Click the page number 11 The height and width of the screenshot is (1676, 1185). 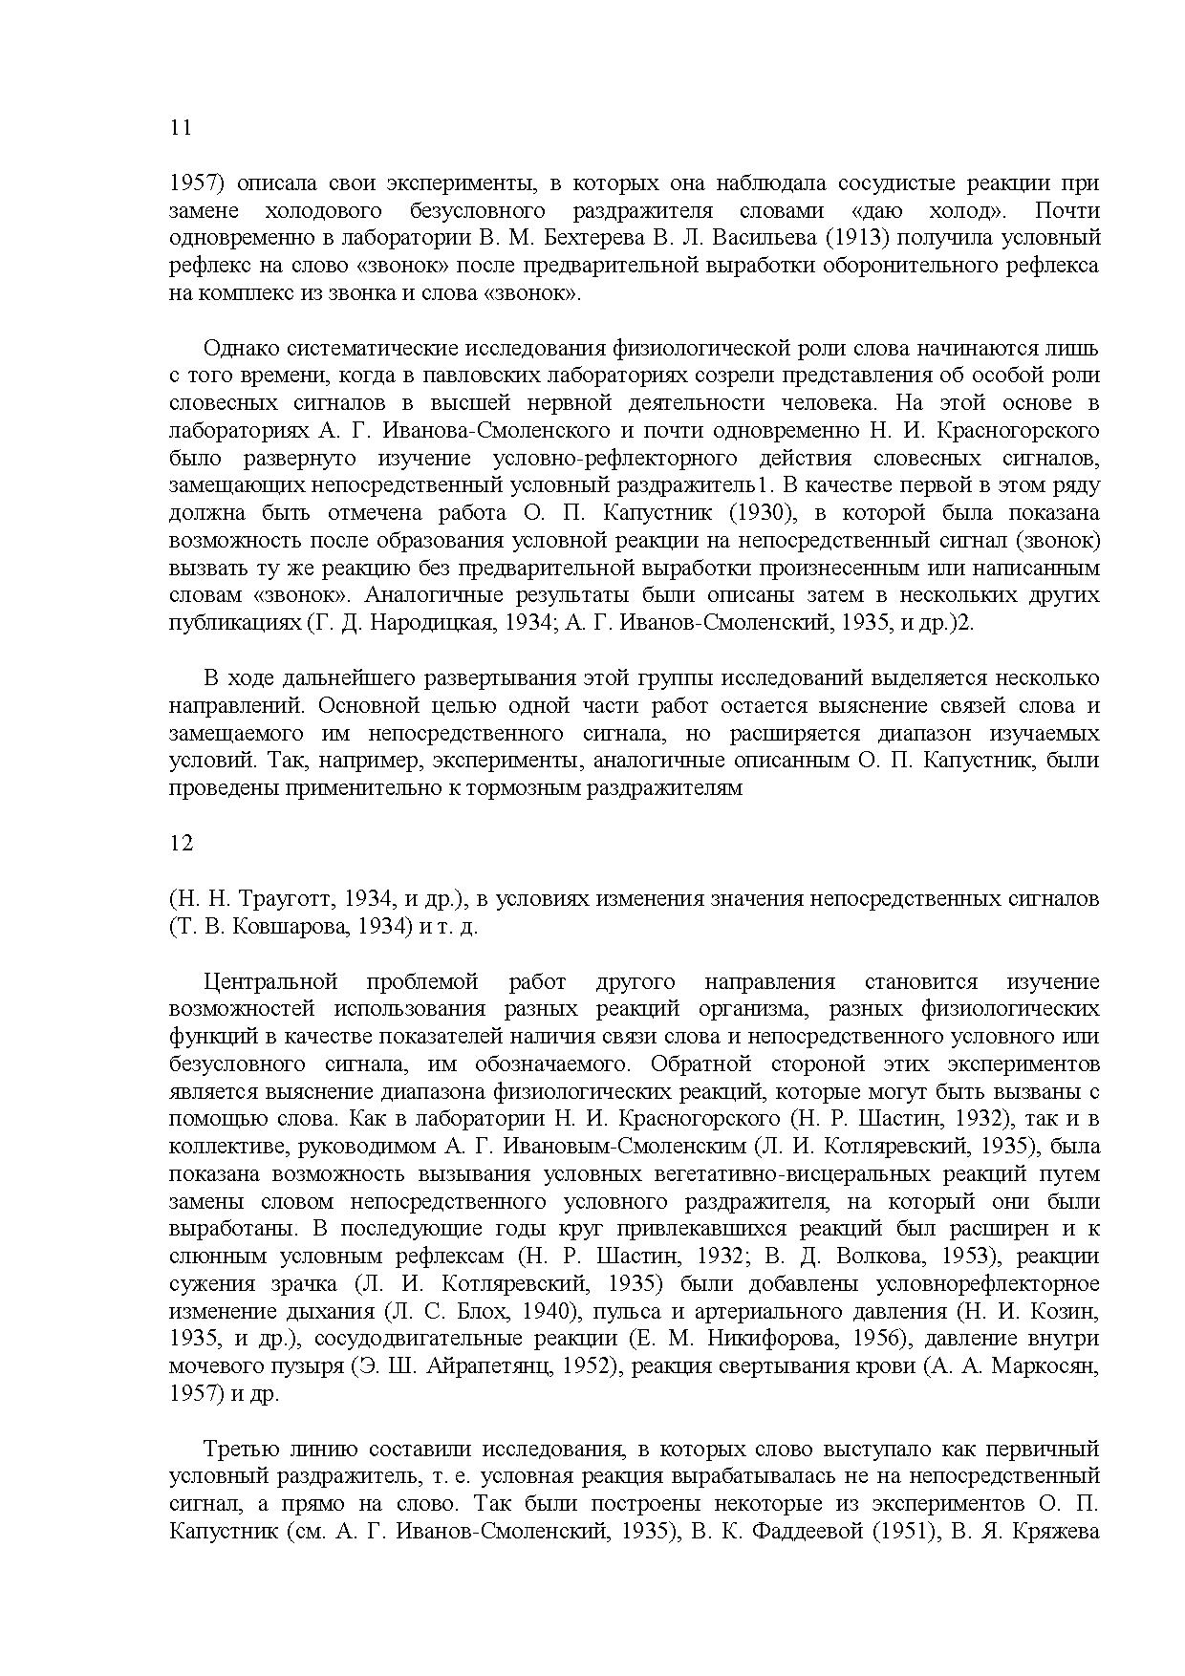(x=180, y=128)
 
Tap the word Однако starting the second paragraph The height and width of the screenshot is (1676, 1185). (x=243, y=348)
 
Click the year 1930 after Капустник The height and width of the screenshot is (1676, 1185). (x=762, y=513)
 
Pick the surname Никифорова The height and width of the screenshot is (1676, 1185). (x=783, y=1339)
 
